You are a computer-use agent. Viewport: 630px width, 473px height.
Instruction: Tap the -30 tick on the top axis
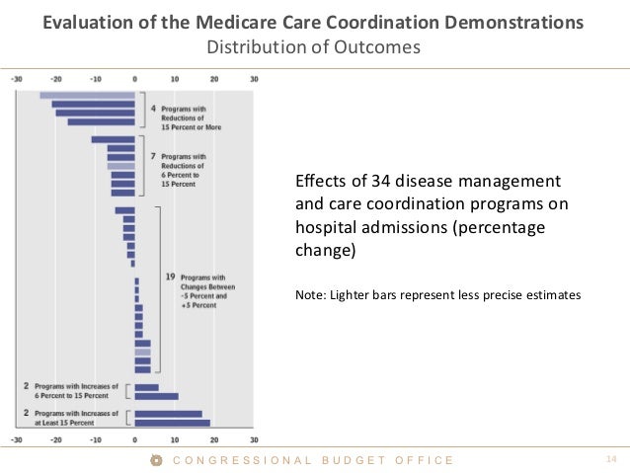click(17, 79)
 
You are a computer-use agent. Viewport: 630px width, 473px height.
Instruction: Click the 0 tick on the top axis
click(134, 79)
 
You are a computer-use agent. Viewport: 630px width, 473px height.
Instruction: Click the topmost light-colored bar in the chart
click(87, 95)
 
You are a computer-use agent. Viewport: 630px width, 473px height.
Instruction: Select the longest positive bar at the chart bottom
click(172, 424)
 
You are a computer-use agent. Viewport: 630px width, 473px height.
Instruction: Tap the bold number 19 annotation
click(170, 277)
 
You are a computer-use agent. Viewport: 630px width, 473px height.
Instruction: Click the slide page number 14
click(609, 460)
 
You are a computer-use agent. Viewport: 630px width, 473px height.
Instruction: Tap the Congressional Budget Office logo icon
click(154, 460)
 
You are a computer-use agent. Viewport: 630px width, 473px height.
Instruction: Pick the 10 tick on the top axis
click(175, 79)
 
